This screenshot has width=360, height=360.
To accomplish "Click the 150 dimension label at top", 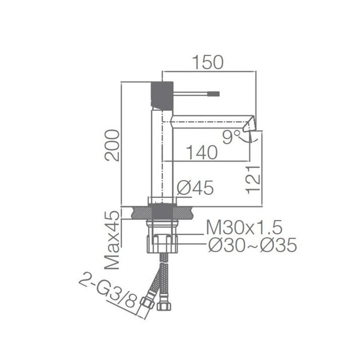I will tap(208, 62).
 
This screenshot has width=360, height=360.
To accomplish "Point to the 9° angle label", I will tap(232, 138).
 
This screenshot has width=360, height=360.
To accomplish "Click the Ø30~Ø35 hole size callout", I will tap(252, 246).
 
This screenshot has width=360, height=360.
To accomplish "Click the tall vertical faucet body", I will tap(162, 154).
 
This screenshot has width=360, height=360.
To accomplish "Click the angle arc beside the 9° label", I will tap(250, 138).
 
